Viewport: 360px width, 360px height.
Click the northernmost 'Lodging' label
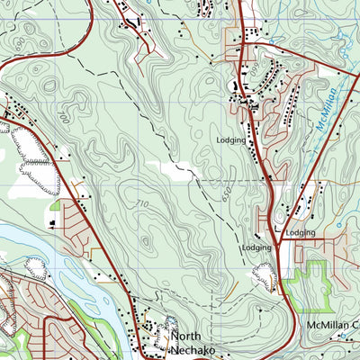tap(230, 140)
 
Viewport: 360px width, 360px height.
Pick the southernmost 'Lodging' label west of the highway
tap(256, 247)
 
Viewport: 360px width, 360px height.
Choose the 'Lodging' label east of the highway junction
tap(301, 233)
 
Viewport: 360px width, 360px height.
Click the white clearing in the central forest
tap(176, 168)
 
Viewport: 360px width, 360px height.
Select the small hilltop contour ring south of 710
tap(144, 241)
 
